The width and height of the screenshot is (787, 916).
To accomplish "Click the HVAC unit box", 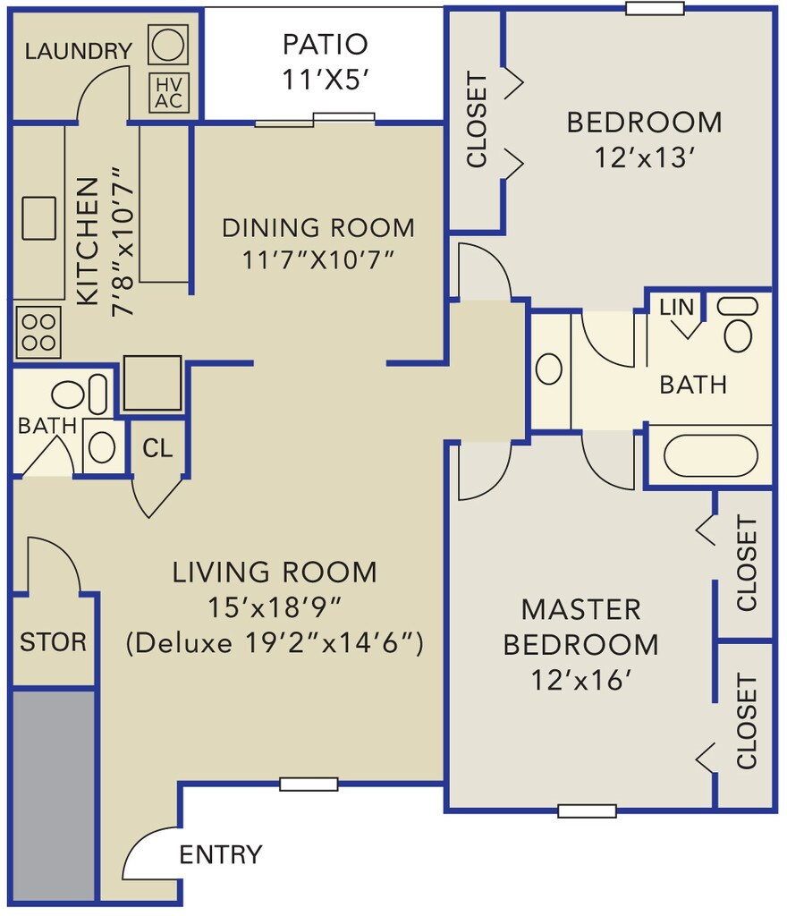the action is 169,93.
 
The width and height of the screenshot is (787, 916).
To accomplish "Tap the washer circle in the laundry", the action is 168,45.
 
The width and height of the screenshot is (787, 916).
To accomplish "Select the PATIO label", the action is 326,45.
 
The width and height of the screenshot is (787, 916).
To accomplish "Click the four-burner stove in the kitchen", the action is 38,332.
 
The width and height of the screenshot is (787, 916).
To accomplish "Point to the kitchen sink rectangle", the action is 39,218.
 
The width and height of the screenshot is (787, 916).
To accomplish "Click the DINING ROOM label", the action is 318,228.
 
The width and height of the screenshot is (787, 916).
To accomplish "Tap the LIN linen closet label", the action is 677,308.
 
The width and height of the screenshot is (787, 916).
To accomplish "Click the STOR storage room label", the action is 53,642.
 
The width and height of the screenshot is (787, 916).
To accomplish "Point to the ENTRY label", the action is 221,854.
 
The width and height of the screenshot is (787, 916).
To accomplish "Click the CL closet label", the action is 157,449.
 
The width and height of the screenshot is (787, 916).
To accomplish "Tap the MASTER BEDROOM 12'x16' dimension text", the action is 581,681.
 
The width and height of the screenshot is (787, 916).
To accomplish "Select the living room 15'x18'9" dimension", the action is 275,607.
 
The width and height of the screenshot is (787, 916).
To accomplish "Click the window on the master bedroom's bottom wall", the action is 587,810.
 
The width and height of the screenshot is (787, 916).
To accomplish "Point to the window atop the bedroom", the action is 655,8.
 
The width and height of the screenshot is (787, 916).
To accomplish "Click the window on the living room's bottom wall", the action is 309,784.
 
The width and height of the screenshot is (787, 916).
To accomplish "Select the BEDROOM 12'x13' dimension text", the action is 645,157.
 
